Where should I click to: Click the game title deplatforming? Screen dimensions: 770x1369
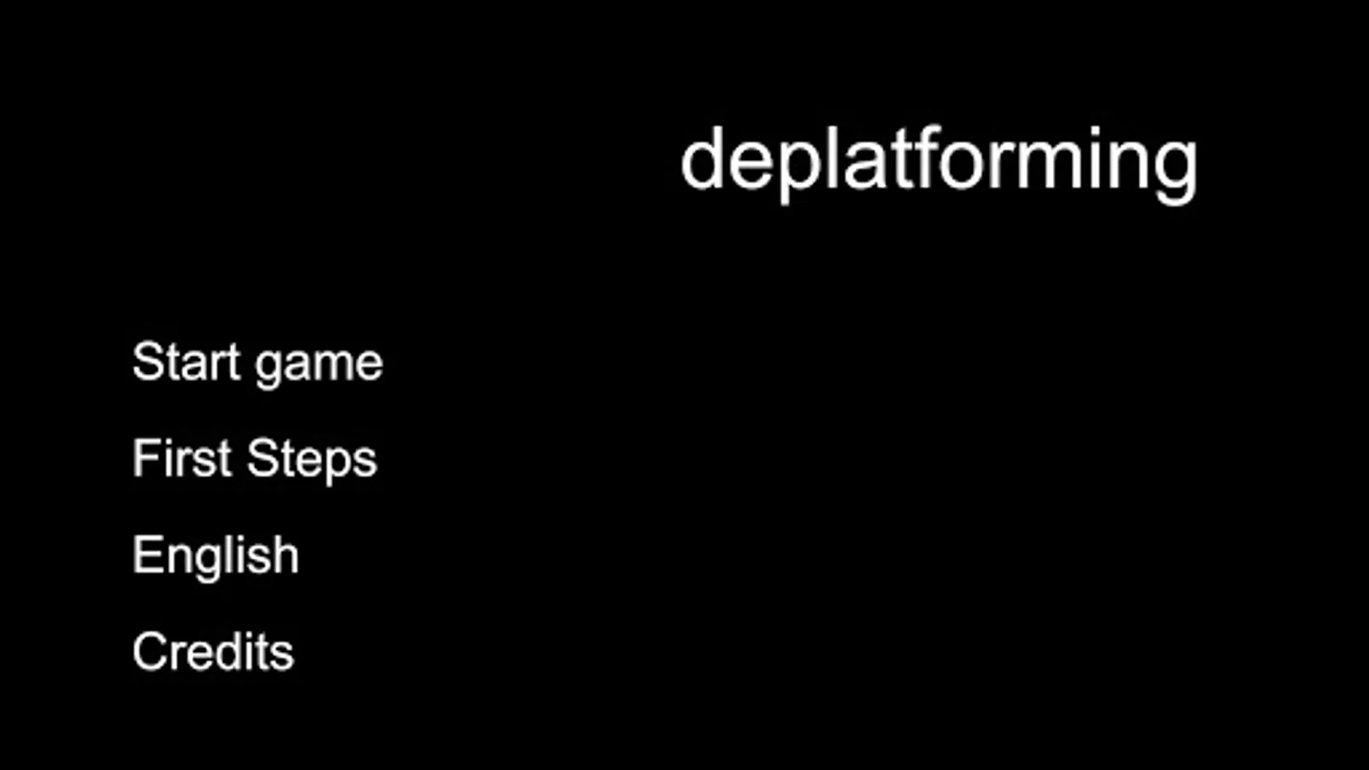pyautogui.click(x=939, y=160)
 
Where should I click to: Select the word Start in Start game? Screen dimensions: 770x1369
pyautogui.click(x=186, y=362)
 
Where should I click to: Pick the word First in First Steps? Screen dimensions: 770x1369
pyautogui.click(x=181, y=458)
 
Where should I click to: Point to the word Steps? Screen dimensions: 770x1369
pyautogui.click(x=311, y=459)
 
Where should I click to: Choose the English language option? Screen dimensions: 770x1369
pyautogui.click(x=216, y=555)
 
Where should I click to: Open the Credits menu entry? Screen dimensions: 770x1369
pyautogui.click(x=213, y=652)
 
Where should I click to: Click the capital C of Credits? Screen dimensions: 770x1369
pyautogui.click(x=150, y=652)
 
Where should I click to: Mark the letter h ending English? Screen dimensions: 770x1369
pyautogui.click(x=286, y=554)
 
